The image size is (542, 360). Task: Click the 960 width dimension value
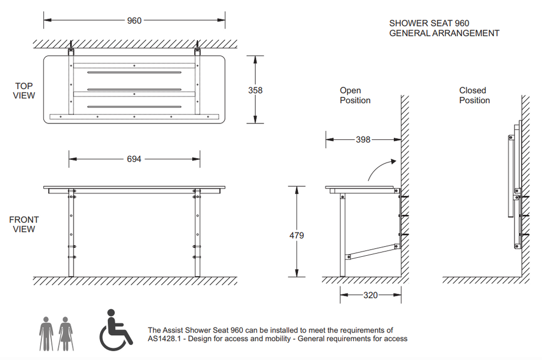point(134,21)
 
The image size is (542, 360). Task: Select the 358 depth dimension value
point(255,90)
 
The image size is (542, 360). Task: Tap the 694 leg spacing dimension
point(134,159)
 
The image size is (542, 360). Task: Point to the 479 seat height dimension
point(296,236)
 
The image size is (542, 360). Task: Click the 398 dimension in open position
point(363,140)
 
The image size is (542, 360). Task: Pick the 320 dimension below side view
point(370,295)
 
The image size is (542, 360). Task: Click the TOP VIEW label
point(24,91)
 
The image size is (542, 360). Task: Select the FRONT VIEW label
point(24,224)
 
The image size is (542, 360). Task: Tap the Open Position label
point(355,95)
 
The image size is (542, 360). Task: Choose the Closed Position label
point(474,95)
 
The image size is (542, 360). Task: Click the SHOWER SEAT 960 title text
point(429,23)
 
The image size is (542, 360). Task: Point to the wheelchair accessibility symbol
point(115,330)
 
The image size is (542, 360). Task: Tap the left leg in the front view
point(71,233)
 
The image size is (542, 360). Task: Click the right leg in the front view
point(197,233)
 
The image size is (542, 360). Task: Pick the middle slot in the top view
point(134,89)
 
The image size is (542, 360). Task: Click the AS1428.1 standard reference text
point(164,339)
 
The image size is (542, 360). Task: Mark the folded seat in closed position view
point(511,176)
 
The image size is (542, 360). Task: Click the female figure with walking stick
point(65,334)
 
